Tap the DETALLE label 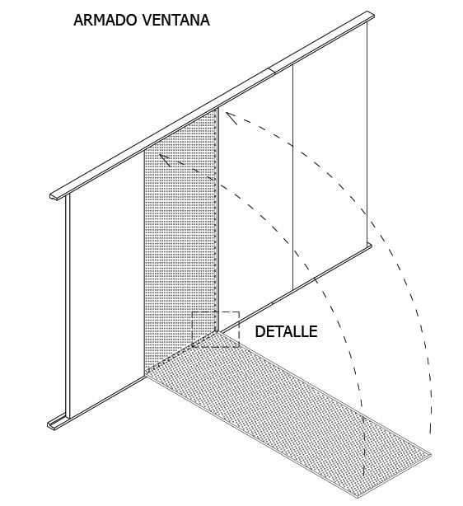pos(286,332)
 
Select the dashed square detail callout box pos(216,330)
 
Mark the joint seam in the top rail pos(274,71)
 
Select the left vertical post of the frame pos(67,305)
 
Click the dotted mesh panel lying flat pos(288,412)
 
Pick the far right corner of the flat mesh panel pos(430,452)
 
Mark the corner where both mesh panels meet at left pos(146,372)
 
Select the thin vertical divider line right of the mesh pos(294,173)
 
